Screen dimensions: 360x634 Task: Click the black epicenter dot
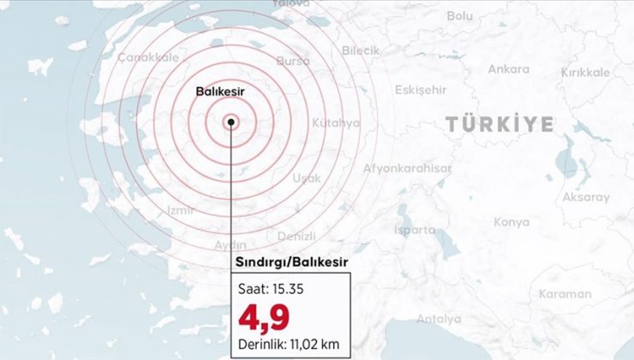pyautogui.click(x=231, y=122)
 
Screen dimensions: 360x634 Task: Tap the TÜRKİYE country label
pyautogui.click(x=499, y=124)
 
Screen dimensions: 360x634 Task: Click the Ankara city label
pyautogui.click(x=508, y=69)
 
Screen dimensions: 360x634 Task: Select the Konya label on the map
pyautogui.click(x=511, y=222)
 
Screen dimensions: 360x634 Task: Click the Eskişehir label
pyautogui.click(x=422, y=90)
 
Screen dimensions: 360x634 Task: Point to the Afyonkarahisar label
pyautogui.click(x=407, y=169)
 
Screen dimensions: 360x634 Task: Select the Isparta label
pyautogui.click(x=415, y=230)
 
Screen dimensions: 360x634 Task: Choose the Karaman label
pyautogui.click(x=565, y=294)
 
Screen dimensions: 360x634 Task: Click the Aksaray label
pyautogui.click(x=586, y=197)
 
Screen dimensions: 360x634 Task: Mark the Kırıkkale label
pyautogui.click(x=585, y=73)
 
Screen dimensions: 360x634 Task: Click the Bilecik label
pyautogui.click(x=360, y=51)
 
